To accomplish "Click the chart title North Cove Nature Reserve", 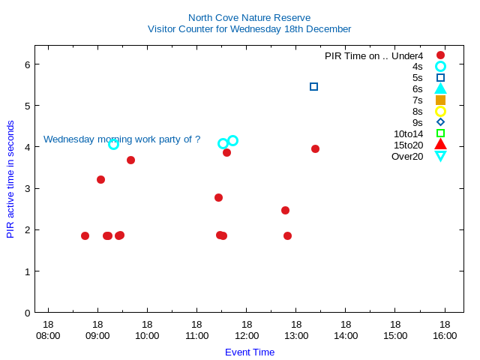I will point(249,17).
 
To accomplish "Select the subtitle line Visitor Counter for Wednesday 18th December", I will point(249,29).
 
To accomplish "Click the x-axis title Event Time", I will point(249,352).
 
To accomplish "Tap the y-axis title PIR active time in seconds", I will point(10,178).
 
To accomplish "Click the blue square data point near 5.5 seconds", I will point(313,87).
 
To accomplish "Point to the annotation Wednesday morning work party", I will point(121,139).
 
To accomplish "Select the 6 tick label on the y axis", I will point(27,64).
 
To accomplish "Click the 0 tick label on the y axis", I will point(27,312).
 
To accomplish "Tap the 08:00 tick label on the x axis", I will point(48,336).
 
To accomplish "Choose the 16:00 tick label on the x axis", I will point(445,336).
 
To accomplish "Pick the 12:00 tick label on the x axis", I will point(246,336).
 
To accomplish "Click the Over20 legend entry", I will point(407,156).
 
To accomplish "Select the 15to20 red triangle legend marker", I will point(440,145).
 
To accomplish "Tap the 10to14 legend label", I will point(408,133).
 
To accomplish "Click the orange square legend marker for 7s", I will point(440,100).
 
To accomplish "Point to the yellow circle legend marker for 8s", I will point(440,111).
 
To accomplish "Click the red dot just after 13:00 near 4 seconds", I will point(315,148).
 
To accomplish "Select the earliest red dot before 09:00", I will point(85,235).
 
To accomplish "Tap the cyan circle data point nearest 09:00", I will point(113,144).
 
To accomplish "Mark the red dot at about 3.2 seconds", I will point(100,179).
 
